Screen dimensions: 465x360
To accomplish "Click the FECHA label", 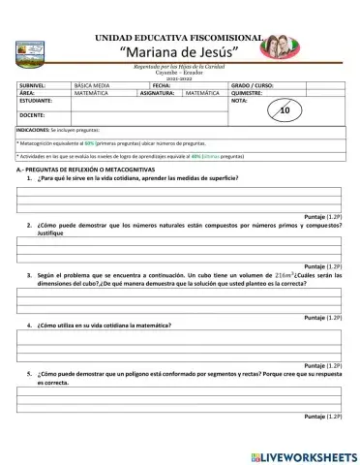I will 161,85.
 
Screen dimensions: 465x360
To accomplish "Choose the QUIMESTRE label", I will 249,93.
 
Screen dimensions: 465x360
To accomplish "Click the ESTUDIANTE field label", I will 37,101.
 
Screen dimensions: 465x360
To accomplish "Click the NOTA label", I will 240,101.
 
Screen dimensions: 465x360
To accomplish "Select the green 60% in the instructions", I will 89,142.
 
